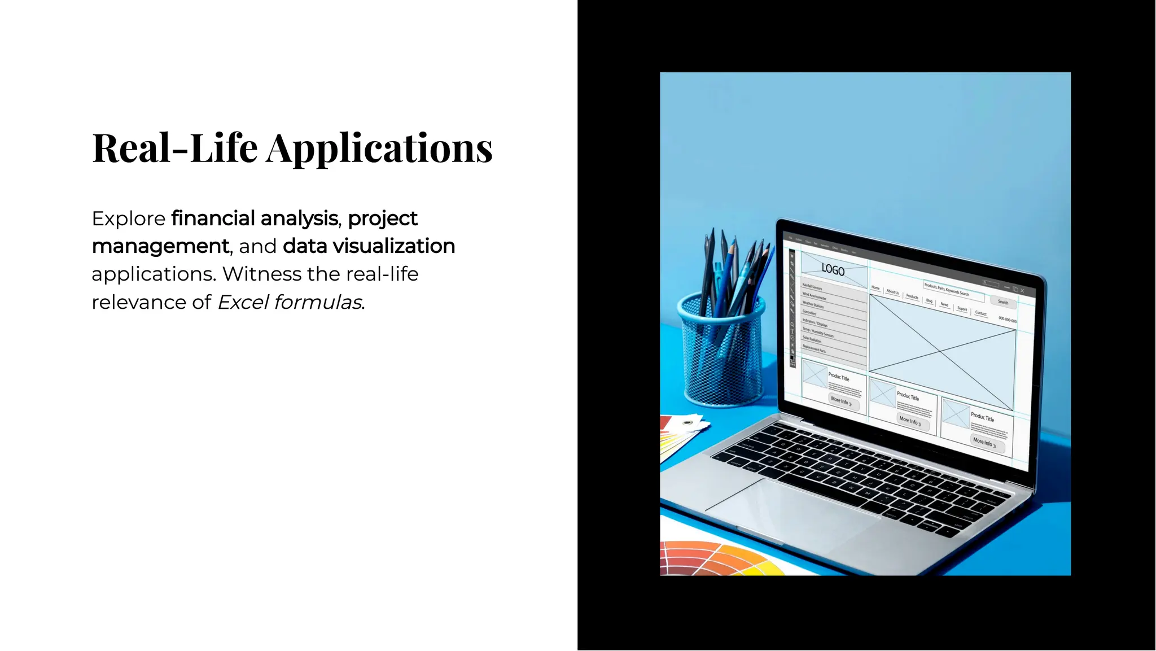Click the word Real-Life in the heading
coord(175,148)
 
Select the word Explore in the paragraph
coord(128,219)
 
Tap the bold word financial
coord(212,218)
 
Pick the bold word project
coord(383,219)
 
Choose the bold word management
coord(160,246)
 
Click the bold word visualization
coord(393,246)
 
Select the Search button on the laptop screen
coord(1003,302)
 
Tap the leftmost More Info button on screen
coord(840,401)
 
